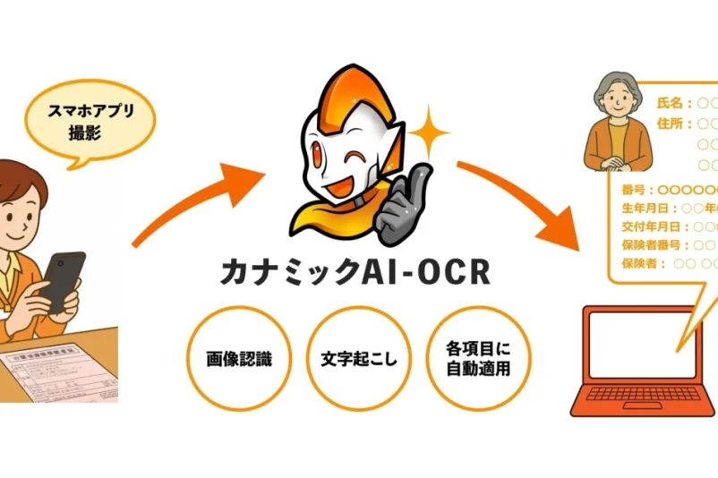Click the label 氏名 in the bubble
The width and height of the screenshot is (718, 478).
[x=670, y=104]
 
